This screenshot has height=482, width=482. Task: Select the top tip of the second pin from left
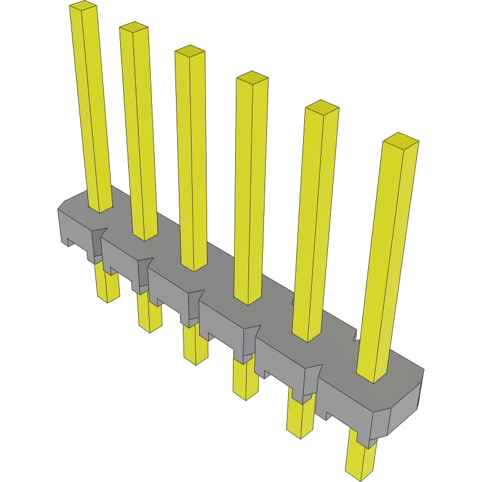coord(133,27)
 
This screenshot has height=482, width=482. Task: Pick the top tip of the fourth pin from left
coord(253,78)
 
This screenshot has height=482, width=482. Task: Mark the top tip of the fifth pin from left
coord(322,107)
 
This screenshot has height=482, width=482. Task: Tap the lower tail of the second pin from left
coord(150,319)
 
